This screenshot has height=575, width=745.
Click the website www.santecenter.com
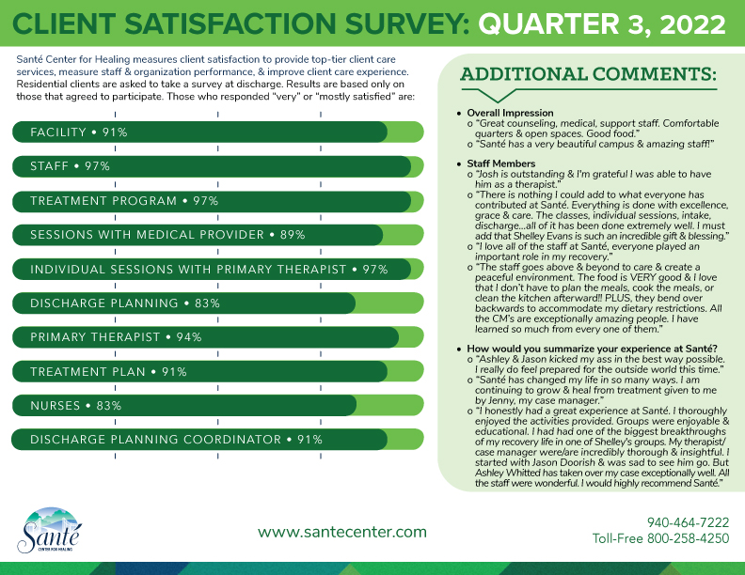coord(341,532)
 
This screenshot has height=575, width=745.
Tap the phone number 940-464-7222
coord(688,522)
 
